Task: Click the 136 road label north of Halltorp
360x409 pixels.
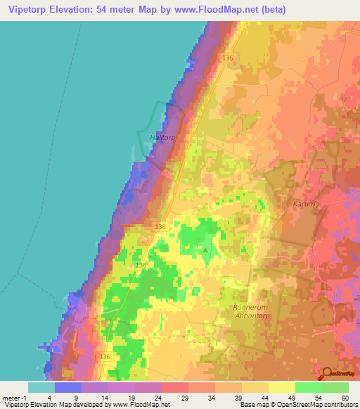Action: click(227, 57)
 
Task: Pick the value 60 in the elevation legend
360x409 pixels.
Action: click(345, 397)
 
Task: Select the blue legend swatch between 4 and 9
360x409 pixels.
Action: click(68, 387)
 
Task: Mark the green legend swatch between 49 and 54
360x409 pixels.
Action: click(309, 387)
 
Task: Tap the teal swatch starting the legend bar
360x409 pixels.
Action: click(41, 387)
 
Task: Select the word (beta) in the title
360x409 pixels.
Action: click(336, 9)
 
